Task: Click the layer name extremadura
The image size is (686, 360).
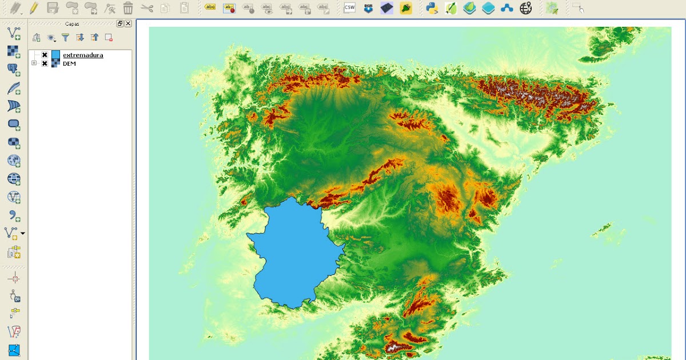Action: click(x=83, y=55)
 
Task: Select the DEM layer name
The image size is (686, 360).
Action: click(x=69, y=63)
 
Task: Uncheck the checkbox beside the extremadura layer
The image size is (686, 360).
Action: click(x=45, y=55)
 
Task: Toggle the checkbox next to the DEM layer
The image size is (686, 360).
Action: click(x=45, y=63)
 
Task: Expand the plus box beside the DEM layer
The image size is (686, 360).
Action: click(x=34, y=63)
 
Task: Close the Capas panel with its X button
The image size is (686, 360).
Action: click(x=128, y=23)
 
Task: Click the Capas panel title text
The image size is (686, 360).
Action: click(x=72, y=24)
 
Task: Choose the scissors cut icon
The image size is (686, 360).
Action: click(x=147, y=8)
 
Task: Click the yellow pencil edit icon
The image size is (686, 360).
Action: click(x=34, y=8)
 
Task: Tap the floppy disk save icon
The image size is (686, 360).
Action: click(x=53, y=8)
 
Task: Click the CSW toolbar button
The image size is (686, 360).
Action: click(x=349, y=8)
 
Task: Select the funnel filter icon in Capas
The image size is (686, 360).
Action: click(x=66, y=38)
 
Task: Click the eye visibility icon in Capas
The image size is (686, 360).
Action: click(x=51, y=38)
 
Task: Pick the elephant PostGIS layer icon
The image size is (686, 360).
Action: click(x=13, y=70)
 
